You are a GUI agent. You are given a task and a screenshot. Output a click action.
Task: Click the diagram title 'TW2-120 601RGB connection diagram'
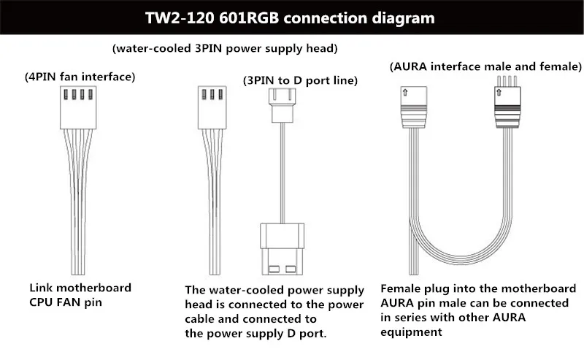click(x=290, y=18)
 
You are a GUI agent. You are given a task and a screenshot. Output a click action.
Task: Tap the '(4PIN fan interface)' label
click(x=80, y=77)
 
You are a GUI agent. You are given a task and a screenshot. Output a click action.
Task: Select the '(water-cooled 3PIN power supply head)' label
click(x=225, y=48)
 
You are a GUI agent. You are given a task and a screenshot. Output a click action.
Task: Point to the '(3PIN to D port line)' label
click(x=300, y=80)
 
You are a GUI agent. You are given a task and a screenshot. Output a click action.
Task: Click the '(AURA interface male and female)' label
click(x=485, y=66)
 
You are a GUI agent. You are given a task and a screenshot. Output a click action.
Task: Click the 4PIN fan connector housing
click(x=78, y=107)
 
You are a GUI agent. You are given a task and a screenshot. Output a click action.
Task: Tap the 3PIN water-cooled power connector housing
click(x=212, y=107)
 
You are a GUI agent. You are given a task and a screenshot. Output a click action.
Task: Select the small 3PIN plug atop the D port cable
click(x=282, y=105)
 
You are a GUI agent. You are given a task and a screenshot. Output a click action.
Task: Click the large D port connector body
click(x=282, y=249)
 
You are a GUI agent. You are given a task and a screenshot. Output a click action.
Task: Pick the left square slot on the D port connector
click(x=274, y=269)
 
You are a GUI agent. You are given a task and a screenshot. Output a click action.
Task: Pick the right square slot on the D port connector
click(x=291, y=269)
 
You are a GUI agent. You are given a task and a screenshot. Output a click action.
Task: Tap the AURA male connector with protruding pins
click(x=507, y=102)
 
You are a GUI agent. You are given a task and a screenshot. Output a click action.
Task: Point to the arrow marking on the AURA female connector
click(x=405, y=92)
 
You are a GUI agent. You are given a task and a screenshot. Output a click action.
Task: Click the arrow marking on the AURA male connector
click(x=499, y=92)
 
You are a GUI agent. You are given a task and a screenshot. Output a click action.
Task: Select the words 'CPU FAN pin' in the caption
click(x=66, y=302)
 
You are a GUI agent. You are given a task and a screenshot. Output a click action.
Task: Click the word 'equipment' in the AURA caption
click(x=411, y=332)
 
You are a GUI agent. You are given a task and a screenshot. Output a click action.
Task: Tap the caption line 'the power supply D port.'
click(x=255, y=333)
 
